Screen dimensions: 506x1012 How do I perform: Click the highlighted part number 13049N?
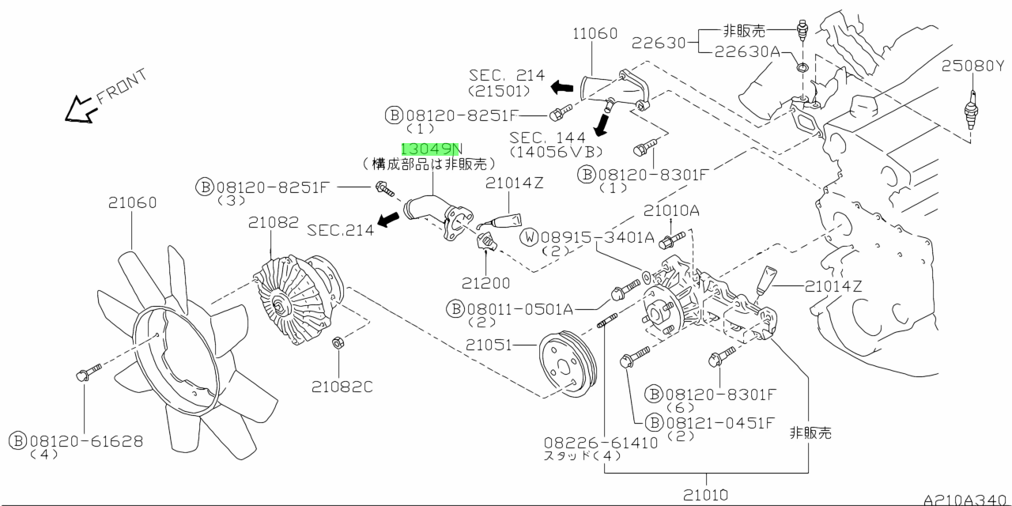432,149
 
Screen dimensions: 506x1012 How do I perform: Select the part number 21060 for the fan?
132,203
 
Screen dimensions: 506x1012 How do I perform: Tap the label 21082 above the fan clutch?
272,223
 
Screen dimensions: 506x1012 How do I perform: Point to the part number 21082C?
341,387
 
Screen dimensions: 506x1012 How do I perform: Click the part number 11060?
594,33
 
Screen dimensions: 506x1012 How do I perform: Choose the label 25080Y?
972,66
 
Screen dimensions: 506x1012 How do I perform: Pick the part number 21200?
486,282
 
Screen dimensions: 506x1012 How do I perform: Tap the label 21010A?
671,211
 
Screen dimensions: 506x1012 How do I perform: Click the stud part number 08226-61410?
601,443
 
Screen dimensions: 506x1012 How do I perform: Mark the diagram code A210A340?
966,499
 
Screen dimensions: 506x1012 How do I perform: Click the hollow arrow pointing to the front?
80,110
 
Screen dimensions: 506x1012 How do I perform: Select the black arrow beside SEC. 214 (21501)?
562,86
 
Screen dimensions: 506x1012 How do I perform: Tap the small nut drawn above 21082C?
336,343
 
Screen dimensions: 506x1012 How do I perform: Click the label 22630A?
747,51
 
